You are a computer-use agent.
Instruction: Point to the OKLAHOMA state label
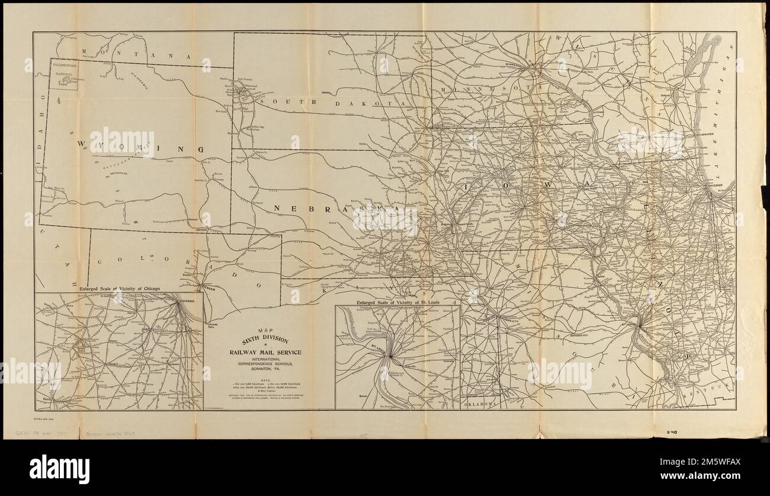coord(479,404)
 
